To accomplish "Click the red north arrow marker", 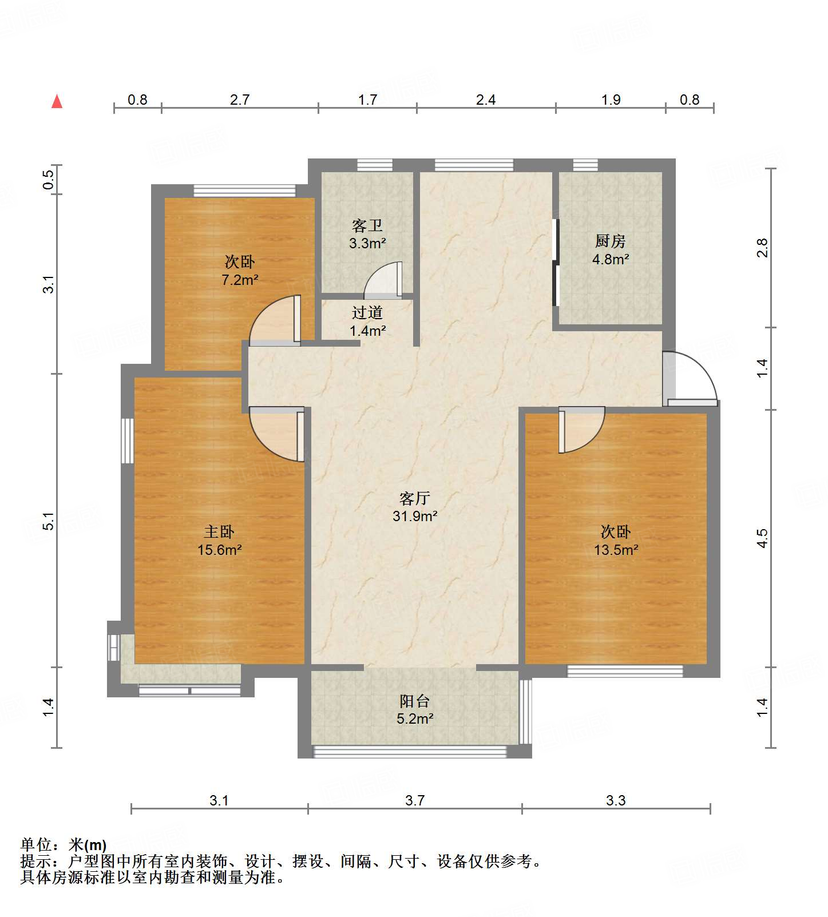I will tap(57, 102).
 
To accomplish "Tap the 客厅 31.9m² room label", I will tap(415, 507).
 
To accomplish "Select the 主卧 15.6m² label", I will tap(219, 541).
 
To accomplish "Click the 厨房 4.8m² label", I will tap(611, 250).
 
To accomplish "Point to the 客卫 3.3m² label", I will tap(367, 234).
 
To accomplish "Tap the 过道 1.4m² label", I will tap(367, 321).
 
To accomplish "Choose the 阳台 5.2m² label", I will tap(415, 709).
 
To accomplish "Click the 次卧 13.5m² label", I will tap(616, 541).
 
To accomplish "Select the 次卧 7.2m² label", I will tap(240, 271).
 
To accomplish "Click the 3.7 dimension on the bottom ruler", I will tap(415, 800).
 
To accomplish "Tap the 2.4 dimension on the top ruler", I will tap(486, 100).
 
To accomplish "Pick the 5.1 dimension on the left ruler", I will tap(49, 521).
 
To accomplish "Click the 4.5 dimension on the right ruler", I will tap(762, 538).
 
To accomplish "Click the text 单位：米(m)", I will tap(64, 845).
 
